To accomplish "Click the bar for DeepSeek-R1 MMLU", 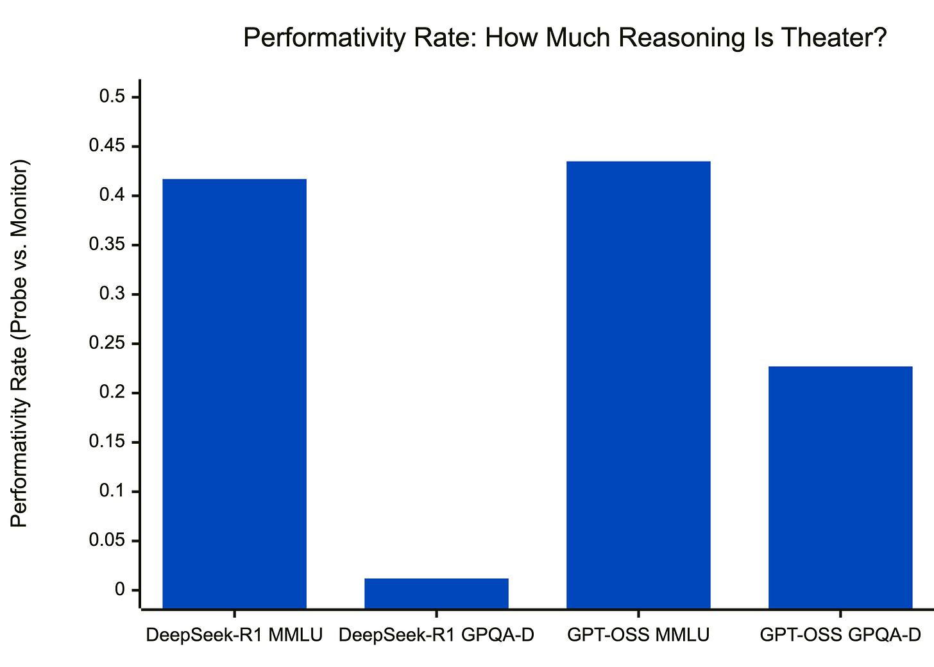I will (x=234, y=393).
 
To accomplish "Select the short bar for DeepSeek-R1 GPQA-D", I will (x=436, y=593).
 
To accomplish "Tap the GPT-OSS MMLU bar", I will (x=638, y=384).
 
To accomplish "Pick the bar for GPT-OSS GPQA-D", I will (x=840, y=487).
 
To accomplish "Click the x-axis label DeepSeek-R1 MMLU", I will (x=234, y=636).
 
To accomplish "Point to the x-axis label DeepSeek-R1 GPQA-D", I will (x=436, y=636).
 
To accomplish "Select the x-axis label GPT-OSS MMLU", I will (x=638, y=636).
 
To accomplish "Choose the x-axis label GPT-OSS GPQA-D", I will (x=840, y=636).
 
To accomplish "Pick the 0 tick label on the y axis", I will (x=120, y=590).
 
